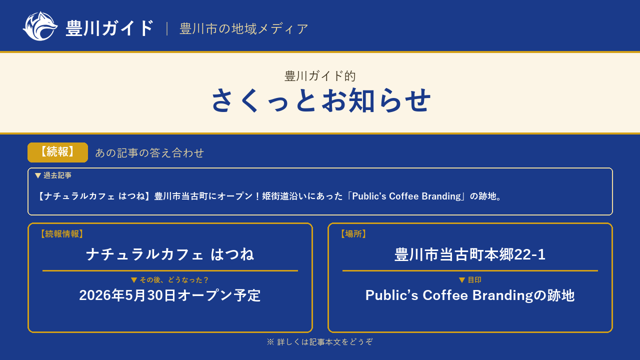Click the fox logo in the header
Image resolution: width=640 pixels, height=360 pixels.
tap(40, 26)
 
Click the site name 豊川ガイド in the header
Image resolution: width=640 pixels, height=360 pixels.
tap(109, 28)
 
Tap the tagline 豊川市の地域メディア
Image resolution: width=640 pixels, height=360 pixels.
tap(243, 29)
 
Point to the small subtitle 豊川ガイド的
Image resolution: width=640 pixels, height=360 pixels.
tap(320, 76)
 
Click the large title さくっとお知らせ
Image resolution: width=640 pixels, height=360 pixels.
tap(320, 100)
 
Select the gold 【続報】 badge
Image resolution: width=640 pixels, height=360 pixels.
tap(57, 152)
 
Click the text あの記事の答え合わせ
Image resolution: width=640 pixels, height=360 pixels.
tap(149, 153)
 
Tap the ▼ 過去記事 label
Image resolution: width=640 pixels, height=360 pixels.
tap(53, 175)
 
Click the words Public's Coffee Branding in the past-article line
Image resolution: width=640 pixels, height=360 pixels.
tap(406, 196)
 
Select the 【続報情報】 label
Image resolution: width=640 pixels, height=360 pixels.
tap(61, 234)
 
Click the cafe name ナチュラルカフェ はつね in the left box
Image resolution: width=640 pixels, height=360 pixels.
tap(170, 254)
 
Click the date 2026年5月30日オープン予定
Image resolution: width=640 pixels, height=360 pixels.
tap(170, 295)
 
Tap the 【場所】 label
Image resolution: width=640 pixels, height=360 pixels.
tap(353, 234)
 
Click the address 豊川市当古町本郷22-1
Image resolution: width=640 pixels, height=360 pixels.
tap(470, 254)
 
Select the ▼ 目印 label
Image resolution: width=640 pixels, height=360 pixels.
tap(470, 280)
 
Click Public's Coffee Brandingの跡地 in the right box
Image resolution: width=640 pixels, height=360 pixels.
tap(470, 295)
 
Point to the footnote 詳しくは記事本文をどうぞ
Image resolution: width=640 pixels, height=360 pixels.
tap(325, 342)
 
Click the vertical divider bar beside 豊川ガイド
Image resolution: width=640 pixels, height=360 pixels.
tap(167, 29)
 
